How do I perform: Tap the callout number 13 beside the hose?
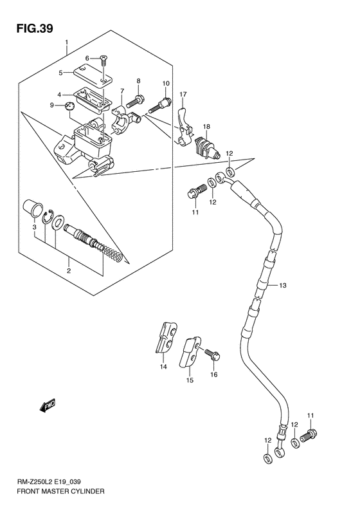click(282, 285)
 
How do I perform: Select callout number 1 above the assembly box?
click(67, 43)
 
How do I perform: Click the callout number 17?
click(183, 95)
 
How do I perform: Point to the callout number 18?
click(207, 127)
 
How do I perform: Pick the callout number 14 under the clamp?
click(163, 367)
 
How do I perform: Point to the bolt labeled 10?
click(161, 104)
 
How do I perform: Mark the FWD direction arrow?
click(48, 405)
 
